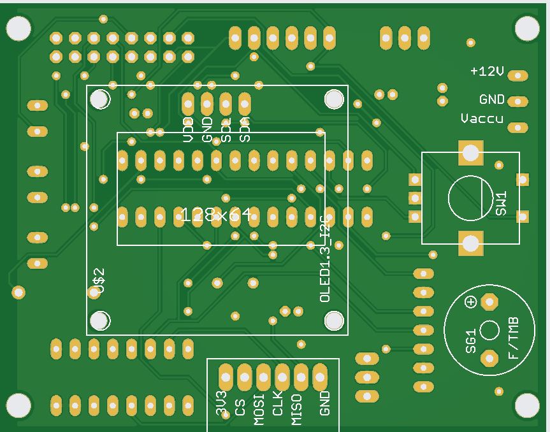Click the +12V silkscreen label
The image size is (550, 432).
point(487,71)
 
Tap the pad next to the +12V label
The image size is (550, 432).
point(519,76)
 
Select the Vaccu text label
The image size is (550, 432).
point(482,119)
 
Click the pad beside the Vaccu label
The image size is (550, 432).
point(519,127)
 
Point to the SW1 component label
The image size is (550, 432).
point(501,203)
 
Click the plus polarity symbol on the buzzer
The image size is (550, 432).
point(471,302)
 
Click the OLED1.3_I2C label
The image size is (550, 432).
point(325,259)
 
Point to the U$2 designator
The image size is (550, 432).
point(98,282)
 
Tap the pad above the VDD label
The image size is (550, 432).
point(188,103)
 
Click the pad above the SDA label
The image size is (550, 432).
point(245,103)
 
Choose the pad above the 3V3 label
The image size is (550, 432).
point(226,377)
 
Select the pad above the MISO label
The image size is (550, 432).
point(301,377)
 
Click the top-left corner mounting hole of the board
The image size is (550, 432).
point(18,27)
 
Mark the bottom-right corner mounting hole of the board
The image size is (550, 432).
point(526,405)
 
